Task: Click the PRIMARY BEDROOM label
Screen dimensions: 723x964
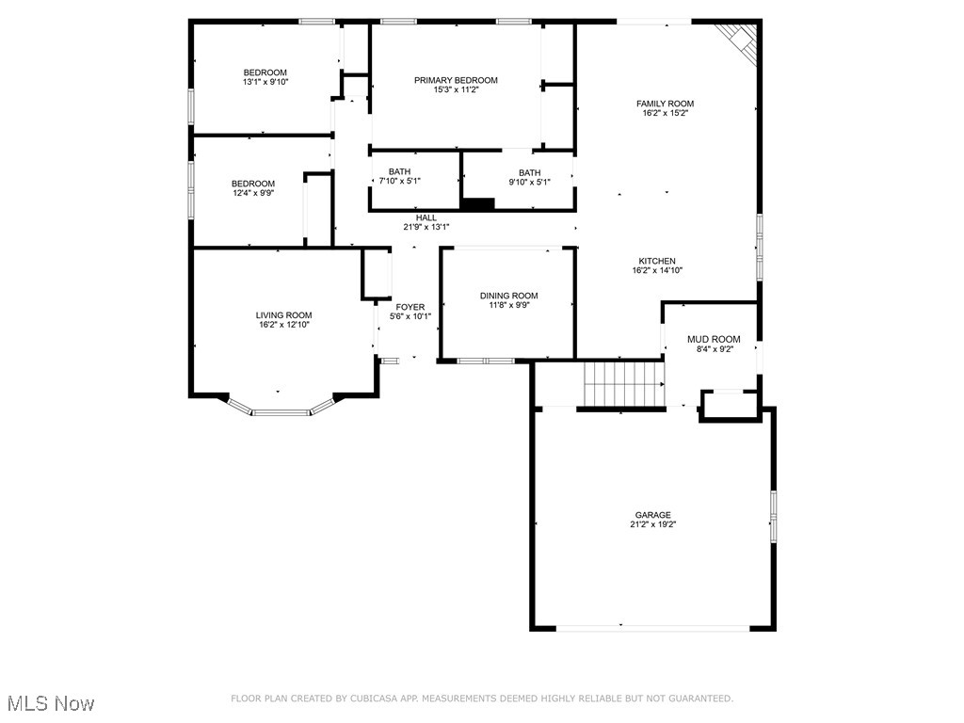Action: (x=456, y=80)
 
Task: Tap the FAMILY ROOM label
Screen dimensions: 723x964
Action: (x=665, y=104)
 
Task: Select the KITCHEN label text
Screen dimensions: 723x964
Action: (x=657, y=261)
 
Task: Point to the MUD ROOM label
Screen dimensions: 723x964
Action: (x=713, y=339)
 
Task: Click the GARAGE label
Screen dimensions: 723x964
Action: (x=652, y=515)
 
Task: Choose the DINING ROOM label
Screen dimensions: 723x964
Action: (x=508, y=296)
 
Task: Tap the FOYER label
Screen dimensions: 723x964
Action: (x=410, y=307)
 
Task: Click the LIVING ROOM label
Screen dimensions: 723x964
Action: (x=283, y=315)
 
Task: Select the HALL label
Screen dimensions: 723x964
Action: (x=426, y=217)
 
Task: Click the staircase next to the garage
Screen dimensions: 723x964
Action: (x=623, y=383)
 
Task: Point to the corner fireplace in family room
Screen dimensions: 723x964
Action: (x=742, y=40)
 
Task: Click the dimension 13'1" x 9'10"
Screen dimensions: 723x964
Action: (x=265, y=82)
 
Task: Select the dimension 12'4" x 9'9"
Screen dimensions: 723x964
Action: (x=254, y=193)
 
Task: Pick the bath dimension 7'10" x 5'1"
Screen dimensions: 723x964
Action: (x=399, y=181)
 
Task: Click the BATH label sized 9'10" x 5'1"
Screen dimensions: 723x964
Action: (x=529, y=172)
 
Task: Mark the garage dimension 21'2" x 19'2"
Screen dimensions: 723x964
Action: (x=652, y=524)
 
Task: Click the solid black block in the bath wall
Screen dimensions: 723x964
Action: (x=478, y=202)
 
